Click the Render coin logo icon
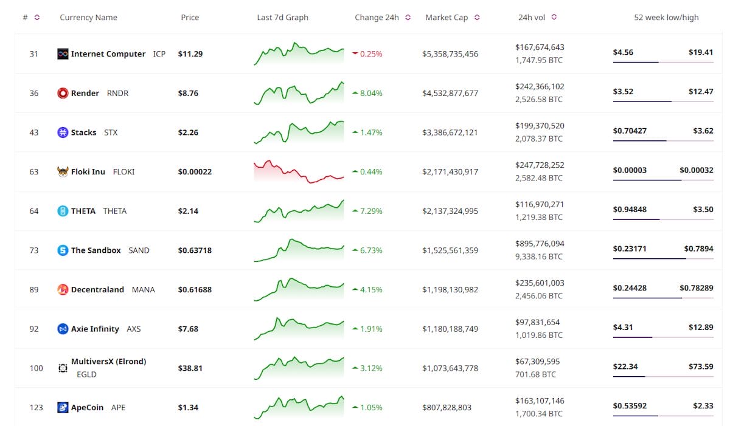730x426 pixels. tap(62, 93)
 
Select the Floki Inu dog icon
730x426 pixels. tap(62, 171)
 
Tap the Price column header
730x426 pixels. tap(190, 18)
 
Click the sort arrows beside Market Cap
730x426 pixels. tap(477, 18)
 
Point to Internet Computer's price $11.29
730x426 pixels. tap(190, 53)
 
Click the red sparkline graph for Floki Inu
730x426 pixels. tap(299, 171)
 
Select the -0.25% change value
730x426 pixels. tap(371, 53)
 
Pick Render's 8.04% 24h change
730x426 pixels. tap(371, 93)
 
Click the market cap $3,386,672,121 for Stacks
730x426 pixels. tap(450, 132)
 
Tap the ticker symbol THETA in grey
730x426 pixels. tap(115, 211)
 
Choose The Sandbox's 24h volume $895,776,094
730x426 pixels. tap(540, 244)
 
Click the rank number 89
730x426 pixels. tap(34, 289)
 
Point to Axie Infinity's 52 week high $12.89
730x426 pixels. tap(701, 327)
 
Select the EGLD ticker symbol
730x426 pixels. tap(86, 374)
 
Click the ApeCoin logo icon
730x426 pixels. tap(62, 407)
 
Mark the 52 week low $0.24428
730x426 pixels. tap(630, 287)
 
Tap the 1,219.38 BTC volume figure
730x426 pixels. tap(539, 218)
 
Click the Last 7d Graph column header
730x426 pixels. tap(282, 18)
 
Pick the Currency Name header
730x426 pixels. tap(88, 18)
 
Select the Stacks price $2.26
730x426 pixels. tap(188, 132)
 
